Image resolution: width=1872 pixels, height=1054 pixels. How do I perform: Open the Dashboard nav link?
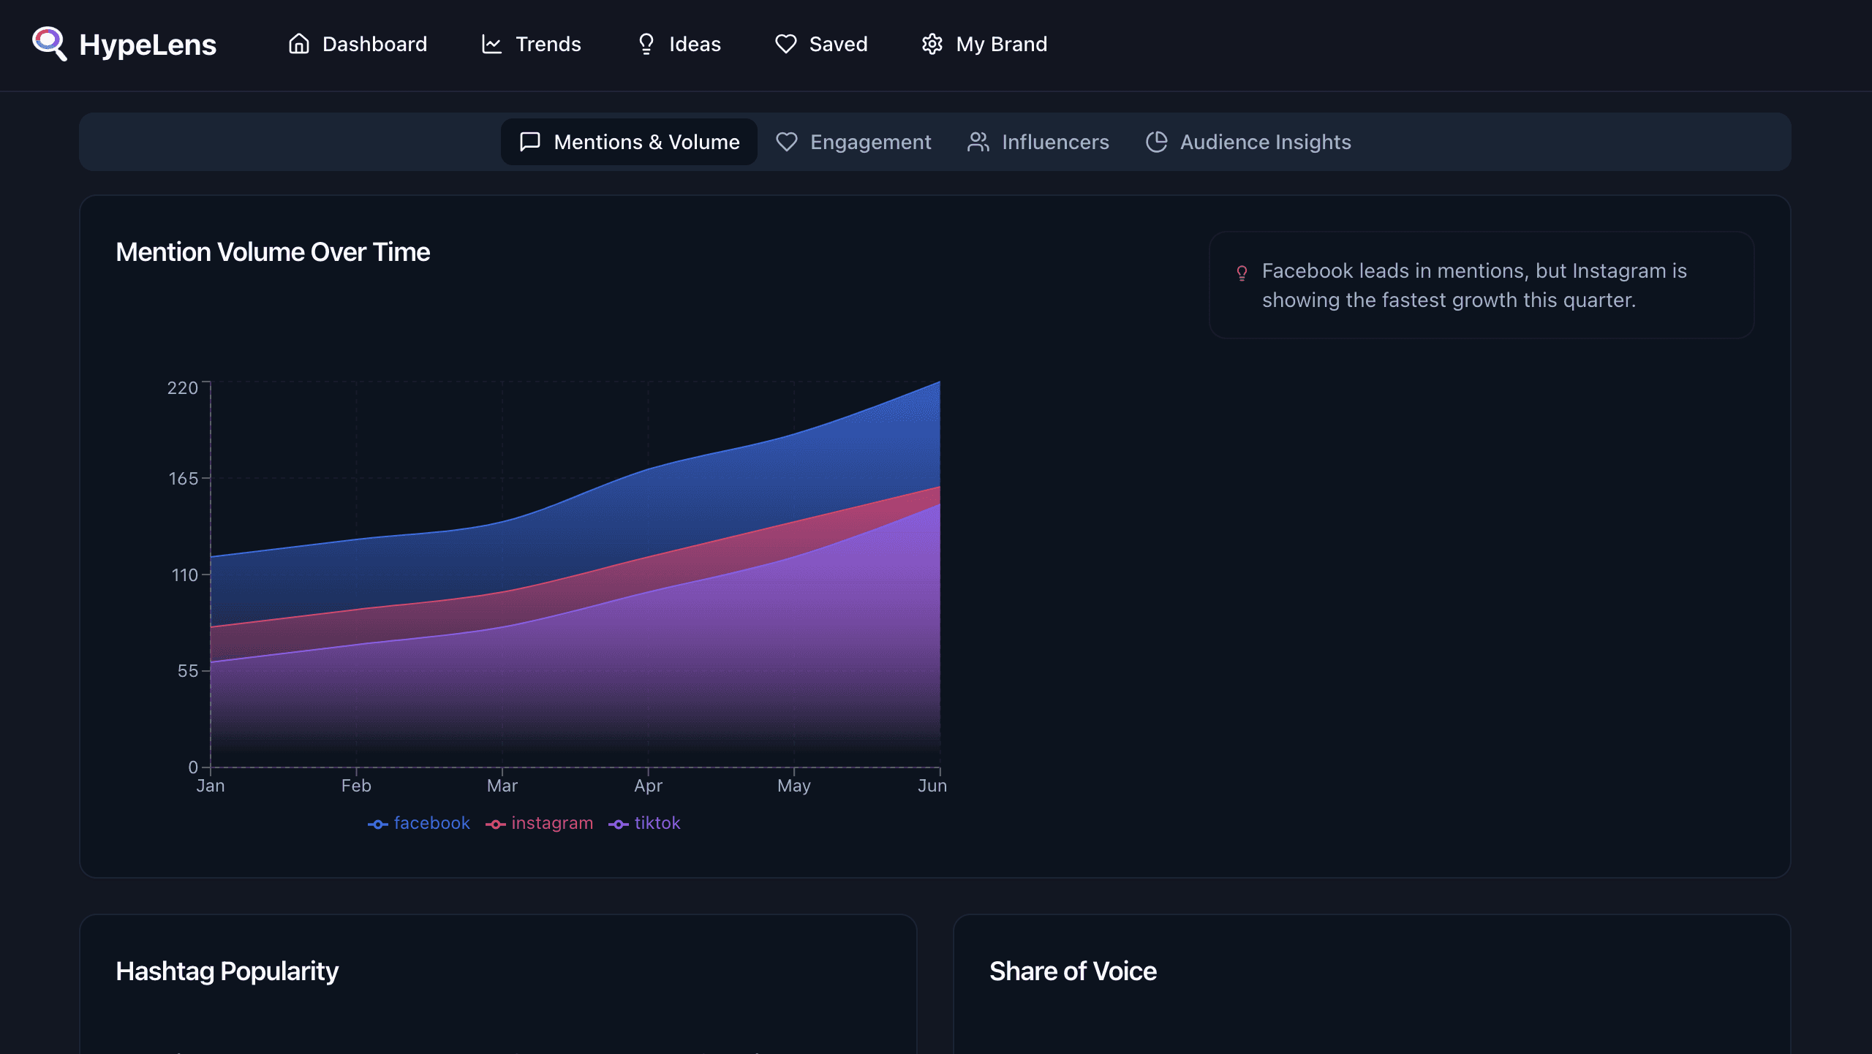[358, 44]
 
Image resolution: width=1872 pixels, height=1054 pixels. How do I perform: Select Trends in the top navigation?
[531, 44]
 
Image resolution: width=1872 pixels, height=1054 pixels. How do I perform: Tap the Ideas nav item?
[679, 44]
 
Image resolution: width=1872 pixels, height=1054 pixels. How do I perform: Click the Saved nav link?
[821, 44]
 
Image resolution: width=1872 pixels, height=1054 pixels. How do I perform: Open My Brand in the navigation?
[984, 44]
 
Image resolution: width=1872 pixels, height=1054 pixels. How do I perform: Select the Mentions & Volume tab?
[629, 142]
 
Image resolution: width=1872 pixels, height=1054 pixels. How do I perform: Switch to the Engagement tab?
[853, 142]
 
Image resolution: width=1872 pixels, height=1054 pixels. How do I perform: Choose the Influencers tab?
[1038, 142]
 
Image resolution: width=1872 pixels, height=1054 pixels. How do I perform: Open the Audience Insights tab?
[1248, 142]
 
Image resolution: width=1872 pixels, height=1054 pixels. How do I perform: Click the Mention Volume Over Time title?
[273, 252]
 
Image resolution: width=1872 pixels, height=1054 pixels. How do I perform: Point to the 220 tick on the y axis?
[183, 387]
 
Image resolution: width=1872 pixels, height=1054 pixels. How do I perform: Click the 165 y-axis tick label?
[184, 478]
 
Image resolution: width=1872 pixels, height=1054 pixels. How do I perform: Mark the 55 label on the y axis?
[188, 671]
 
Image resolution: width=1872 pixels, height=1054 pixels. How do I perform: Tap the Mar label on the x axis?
[502, 786]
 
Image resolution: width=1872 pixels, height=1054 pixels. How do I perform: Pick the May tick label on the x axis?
[794, 786]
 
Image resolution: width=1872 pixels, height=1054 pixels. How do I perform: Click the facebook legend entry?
[419, 823]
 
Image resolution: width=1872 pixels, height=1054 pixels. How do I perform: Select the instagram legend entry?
[540, 823]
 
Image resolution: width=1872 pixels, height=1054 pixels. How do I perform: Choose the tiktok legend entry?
[644, 823]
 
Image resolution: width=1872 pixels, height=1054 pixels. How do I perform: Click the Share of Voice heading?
[1073, 971]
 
